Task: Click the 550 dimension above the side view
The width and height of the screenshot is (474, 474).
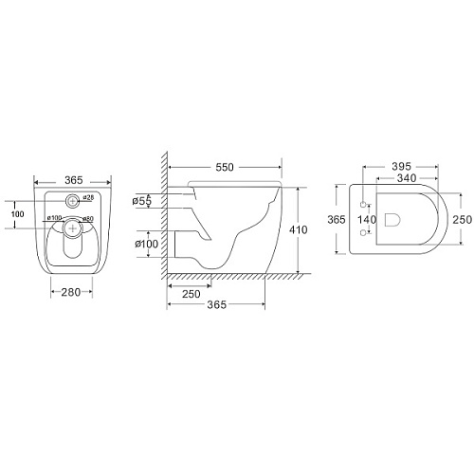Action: point(225,167)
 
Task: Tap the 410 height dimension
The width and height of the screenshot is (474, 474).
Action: point(299,229)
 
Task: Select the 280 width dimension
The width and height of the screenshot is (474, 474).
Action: point(71,292)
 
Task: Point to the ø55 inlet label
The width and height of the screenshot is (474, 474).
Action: point(142,201)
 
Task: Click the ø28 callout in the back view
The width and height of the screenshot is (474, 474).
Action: point(88,198)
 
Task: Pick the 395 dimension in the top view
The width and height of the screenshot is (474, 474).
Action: point(401,166)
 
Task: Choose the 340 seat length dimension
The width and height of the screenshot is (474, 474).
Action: point(407,178)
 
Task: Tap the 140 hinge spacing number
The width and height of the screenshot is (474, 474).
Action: point(367,219)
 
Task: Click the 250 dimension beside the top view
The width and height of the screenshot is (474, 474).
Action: point(463,220)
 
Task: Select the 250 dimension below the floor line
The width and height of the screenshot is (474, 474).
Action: point(191,294)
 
